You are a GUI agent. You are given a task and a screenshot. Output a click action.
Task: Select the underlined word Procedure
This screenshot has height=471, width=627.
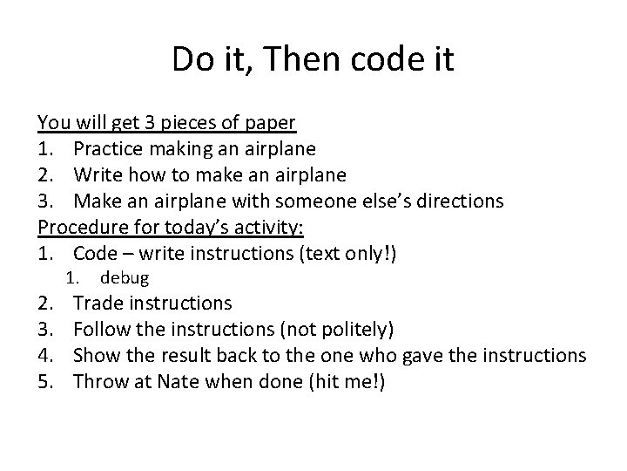click(81, 227)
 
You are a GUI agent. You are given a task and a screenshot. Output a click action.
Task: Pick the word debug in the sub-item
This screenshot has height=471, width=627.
click(125, 278)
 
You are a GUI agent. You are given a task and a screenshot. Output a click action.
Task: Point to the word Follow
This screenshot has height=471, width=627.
click(103, 330)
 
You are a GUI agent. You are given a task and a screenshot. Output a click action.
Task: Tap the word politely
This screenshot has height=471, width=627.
click(353, 330)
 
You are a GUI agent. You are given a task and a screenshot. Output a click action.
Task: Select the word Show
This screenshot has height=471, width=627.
click(97, 355)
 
